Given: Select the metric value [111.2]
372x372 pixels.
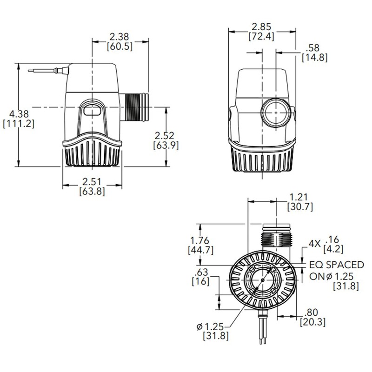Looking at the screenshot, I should click(18, 124).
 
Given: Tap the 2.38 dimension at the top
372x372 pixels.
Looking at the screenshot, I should click(120, 36).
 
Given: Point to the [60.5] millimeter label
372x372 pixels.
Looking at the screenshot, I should click(120, 46).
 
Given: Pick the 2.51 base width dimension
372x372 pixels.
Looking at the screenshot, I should click(91, 181).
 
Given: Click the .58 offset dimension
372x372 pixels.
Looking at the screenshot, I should click(314, 47).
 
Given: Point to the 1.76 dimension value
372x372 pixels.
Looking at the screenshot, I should click(200, 240).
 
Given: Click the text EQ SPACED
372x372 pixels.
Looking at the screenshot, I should click(337, 265).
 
